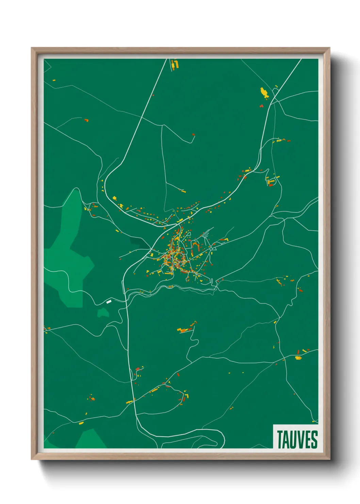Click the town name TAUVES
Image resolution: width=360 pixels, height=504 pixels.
[297, 439]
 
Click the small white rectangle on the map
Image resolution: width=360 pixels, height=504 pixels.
[109, 301]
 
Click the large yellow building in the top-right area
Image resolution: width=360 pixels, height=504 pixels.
[264, 92]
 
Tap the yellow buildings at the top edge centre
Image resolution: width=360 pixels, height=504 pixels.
[175, 64]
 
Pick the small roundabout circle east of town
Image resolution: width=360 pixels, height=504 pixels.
[211, 249]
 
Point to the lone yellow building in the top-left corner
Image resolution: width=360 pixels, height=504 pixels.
[54, 80]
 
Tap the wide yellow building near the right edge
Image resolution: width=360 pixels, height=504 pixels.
[298, 358]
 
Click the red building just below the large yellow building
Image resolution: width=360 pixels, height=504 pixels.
[262, 106]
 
